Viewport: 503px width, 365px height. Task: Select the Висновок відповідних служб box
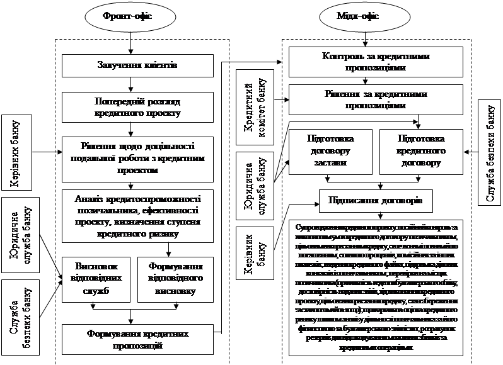click(96, 278)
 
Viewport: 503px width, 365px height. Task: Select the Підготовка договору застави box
click(330, 150)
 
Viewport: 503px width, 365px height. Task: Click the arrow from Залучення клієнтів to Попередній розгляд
click(129, 82)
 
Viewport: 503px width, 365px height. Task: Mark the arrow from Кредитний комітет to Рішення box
click(278, 98)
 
